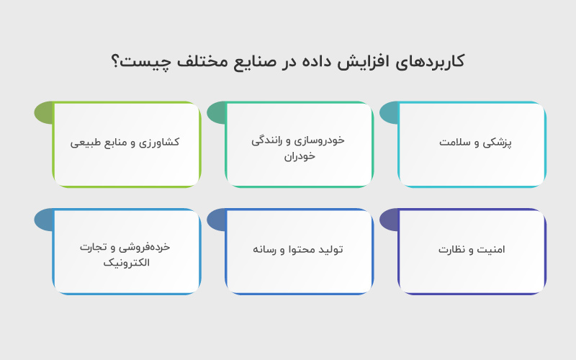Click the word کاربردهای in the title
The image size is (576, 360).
pyautogui.click(x=432, y=61)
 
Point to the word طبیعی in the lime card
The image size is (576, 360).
pyautogui.click(x=86, y=142)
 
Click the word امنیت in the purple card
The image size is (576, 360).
pyautogui.click(x=491, y=250)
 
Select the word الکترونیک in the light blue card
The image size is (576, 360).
pyautogui.click(x=127, y=263)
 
